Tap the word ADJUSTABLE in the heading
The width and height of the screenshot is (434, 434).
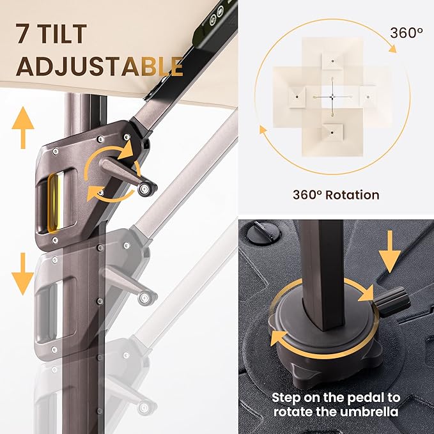[x=100, y=66]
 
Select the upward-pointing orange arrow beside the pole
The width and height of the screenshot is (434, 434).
[x=23, y=128]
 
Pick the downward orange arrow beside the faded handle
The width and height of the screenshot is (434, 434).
[x=23, y=274]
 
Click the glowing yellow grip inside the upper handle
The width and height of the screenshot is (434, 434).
[x=54, y=203]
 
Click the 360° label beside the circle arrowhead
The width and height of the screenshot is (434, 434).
[x=407, y=33]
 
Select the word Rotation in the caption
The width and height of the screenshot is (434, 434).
[x=352, y=195]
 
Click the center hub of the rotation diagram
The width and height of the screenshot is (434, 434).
[x=332, y=97]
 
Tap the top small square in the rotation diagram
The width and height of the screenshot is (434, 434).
[x=332, y=61]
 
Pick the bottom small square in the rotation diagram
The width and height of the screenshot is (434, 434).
[x=332, y=132]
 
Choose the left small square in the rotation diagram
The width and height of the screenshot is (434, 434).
[x=297, y=97]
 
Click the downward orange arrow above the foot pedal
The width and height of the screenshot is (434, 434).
[x=390, y=252]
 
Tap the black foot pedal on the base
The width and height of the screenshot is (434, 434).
[x=392, y=302]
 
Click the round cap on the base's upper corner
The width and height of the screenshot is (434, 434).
[x=263, y=232]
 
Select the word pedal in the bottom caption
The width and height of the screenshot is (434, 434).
[x=366, y=398]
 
